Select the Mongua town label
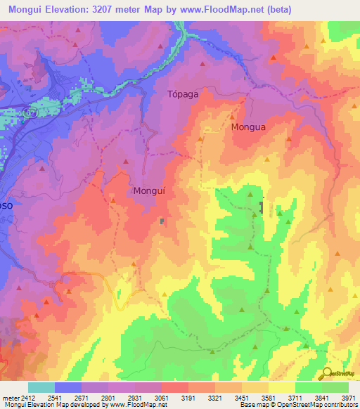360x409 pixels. click(248, 128)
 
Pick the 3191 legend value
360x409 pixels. click(188, 398)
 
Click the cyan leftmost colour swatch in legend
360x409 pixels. click(41, 387)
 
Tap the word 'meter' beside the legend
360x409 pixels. click(9, 398)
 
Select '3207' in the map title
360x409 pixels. click(105, 9)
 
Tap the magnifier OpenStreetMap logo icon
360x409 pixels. click(326, 373)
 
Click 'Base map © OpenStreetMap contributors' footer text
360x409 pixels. click(297, 405)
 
